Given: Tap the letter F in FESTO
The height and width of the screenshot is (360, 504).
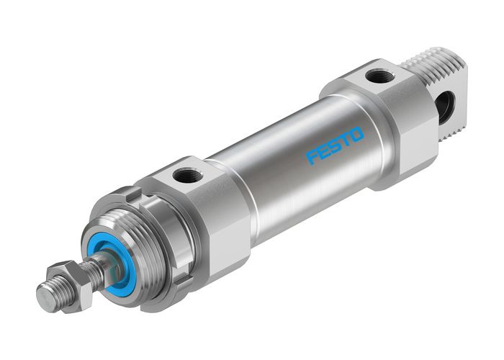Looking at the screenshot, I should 311,156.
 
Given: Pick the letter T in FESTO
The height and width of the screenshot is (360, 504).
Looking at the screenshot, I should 346,139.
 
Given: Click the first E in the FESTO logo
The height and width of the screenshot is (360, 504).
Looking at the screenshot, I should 323,150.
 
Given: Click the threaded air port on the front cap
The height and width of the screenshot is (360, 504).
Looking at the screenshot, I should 191,174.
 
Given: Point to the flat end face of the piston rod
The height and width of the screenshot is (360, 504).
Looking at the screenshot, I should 45,297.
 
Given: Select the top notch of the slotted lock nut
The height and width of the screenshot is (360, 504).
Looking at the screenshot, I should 130,196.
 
